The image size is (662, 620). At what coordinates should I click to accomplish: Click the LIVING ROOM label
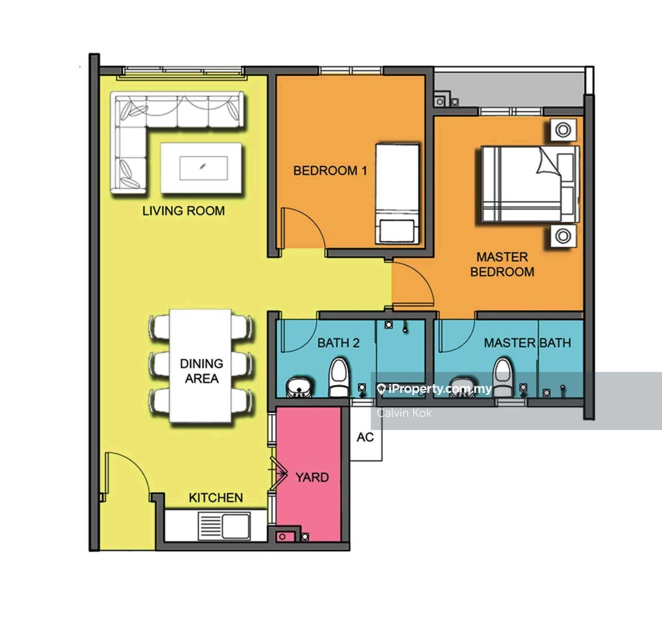[x=184, y=210]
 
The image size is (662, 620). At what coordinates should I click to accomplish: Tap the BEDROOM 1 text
[x=330, y=171]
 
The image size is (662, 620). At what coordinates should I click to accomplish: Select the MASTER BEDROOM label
[x=502, y=264]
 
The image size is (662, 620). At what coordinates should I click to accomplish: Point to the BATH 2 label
[x=338, y=343]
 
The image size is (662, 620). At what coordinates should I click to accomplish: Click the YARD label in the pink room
[x=312, y=478]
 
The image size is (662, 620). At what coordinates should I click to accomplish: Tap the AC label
[x=365, y=437]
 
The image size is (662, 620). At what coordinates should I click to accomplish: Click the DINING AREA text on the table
[x=201, y=370]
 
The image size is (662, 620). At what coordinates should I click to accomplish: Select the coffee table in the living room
[x=201, y=168]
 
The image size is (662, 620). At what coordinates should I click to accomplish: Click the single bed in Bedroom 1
[x=397, y=194]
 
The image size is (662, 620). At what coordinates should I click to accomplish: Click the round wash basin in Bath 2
[x=299, y=387]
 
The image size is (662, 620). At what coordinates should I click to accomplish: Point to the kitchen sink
[x=224, y=526]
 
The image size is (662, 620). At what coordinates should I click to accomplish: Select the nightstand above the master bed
[x=563, y=130]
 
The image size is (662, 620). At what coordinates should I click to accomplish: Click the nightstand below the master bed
[x=563, y=236]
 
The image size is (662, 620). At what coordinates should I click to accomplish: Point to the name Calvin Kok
[x=404, y=413]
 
